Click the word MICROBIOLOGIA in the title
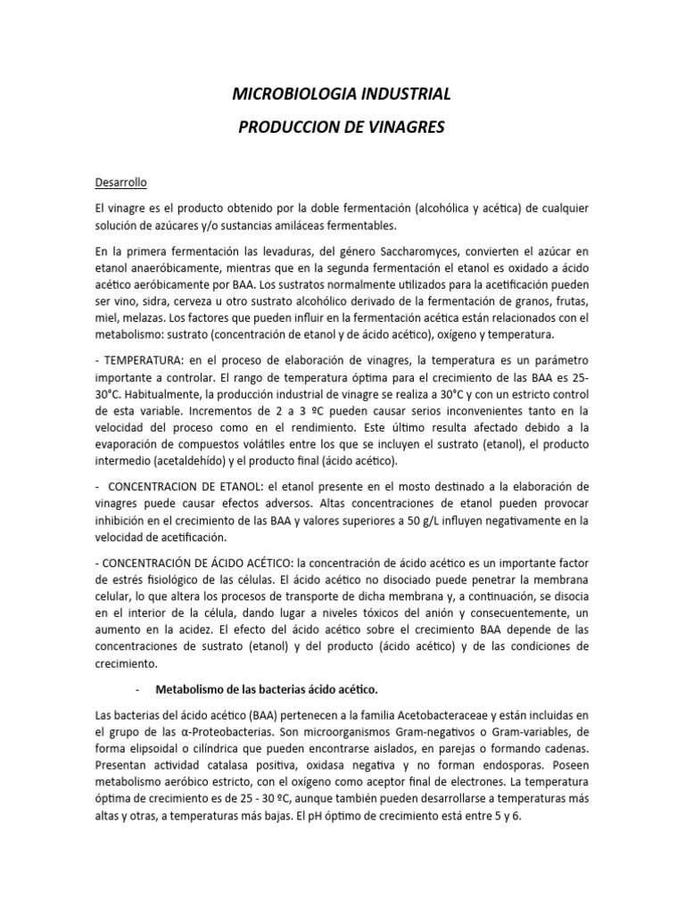(x=282, y=94)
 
